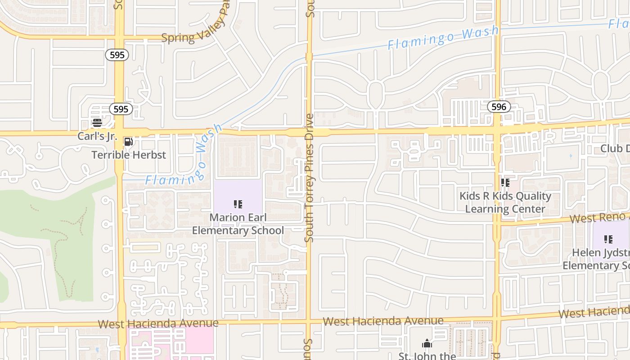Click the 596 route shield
(x=499, y=107)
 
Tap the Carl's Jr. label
(x=97, y=136)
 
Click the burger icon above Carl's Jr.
(x=97, y=122)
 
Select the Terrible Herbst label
(x=129, y=155)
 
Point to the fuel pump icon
(x=128, y=142)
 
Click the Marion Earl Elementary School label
(x=238, y=224)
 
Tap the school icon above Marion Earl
(x=238, y=205)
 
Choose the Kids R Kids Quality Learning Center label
(x=505, y=202)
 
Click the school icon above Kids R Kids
(x=505, y=183)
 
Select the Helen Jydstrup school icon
(x=608, y=239)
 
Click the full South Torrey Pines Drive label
(x=309, y=178)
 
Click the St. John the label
(x=427, y=355)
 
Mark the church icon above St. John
(x=427, y=344)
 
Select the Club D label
(x=615, y=149)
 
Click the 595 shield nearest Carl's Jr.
(x=121, y=109)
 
